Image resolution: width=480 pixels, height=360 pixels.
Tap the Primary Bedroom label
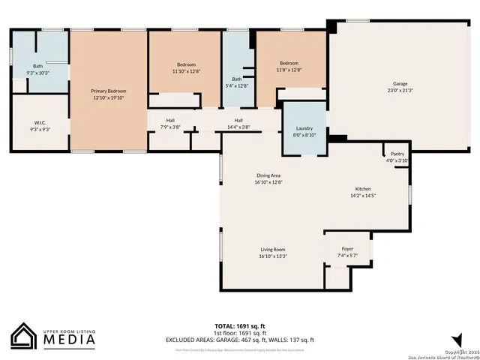click(109, 91)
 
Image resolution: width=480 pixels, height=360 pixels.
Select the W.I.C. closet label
click(40, 122)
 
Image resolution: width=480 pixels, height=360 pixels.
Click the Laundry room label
click(304, 129)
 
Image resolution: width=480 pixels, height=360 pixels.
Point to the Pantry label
click(397, 154)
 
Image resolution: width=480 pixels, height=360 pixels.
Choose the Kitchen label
click(363, 189)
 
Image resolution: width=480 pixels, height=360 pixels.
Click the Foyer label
click(347, 248)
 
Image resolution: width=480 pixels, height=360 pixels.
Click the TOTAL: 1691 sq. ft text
click(240, 326)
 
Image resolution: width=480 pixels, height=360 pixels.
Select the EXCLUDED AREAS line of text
click(240, 340)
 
